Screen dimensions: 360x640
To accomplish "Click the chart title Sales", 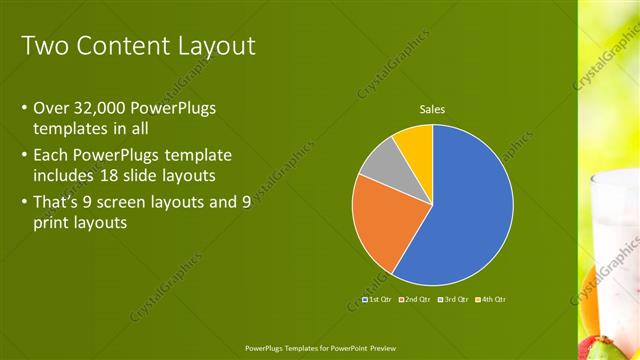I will coord(432,110).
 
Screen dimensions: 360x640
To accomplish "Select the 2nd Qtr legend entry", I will coord(414,299).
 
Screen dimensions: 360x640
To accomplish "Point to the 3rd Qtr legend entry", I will coord(452,299).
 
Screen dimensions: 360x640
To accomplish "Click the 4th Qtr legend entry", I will coord(490,299).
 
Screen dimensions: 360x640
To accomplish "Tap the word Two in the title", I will coord(45,46).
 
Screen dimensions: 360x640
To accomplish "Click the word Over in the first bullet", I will coord(52,108).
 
